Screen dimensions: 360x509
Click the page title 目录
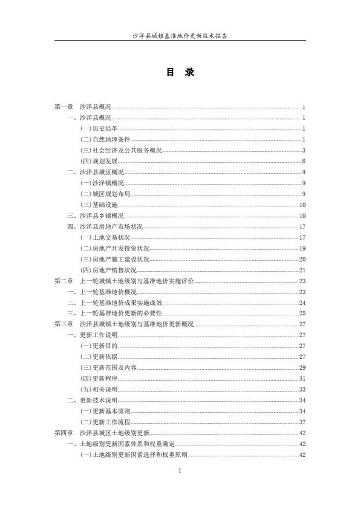[x=180, y=73]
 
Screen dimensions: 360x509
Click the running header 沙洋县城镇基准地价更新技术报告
[x=180, y=36]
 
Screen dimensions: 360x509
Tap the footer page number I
[x=180, y=470]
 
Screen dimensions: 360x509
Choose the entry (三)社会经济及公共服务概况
[x=121, y=151]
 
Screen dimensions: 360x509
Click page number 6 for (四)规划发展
[x=304, y=162]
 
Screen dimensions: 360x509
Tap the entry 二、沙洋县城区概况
[x=95, y=172]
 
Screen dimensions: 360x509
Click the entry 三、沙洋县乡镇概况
[x=95, y=216]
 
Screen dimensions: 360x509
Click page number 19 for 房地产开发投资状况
[x=302, y=249]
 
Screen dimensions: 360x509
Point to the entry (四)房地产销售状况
[x=108, y=271]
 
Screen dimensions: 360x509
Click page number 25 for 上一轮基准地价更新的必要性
[x=302, y=313]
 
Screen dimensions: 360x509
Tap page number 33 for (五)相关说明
[x=302, y=389]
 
